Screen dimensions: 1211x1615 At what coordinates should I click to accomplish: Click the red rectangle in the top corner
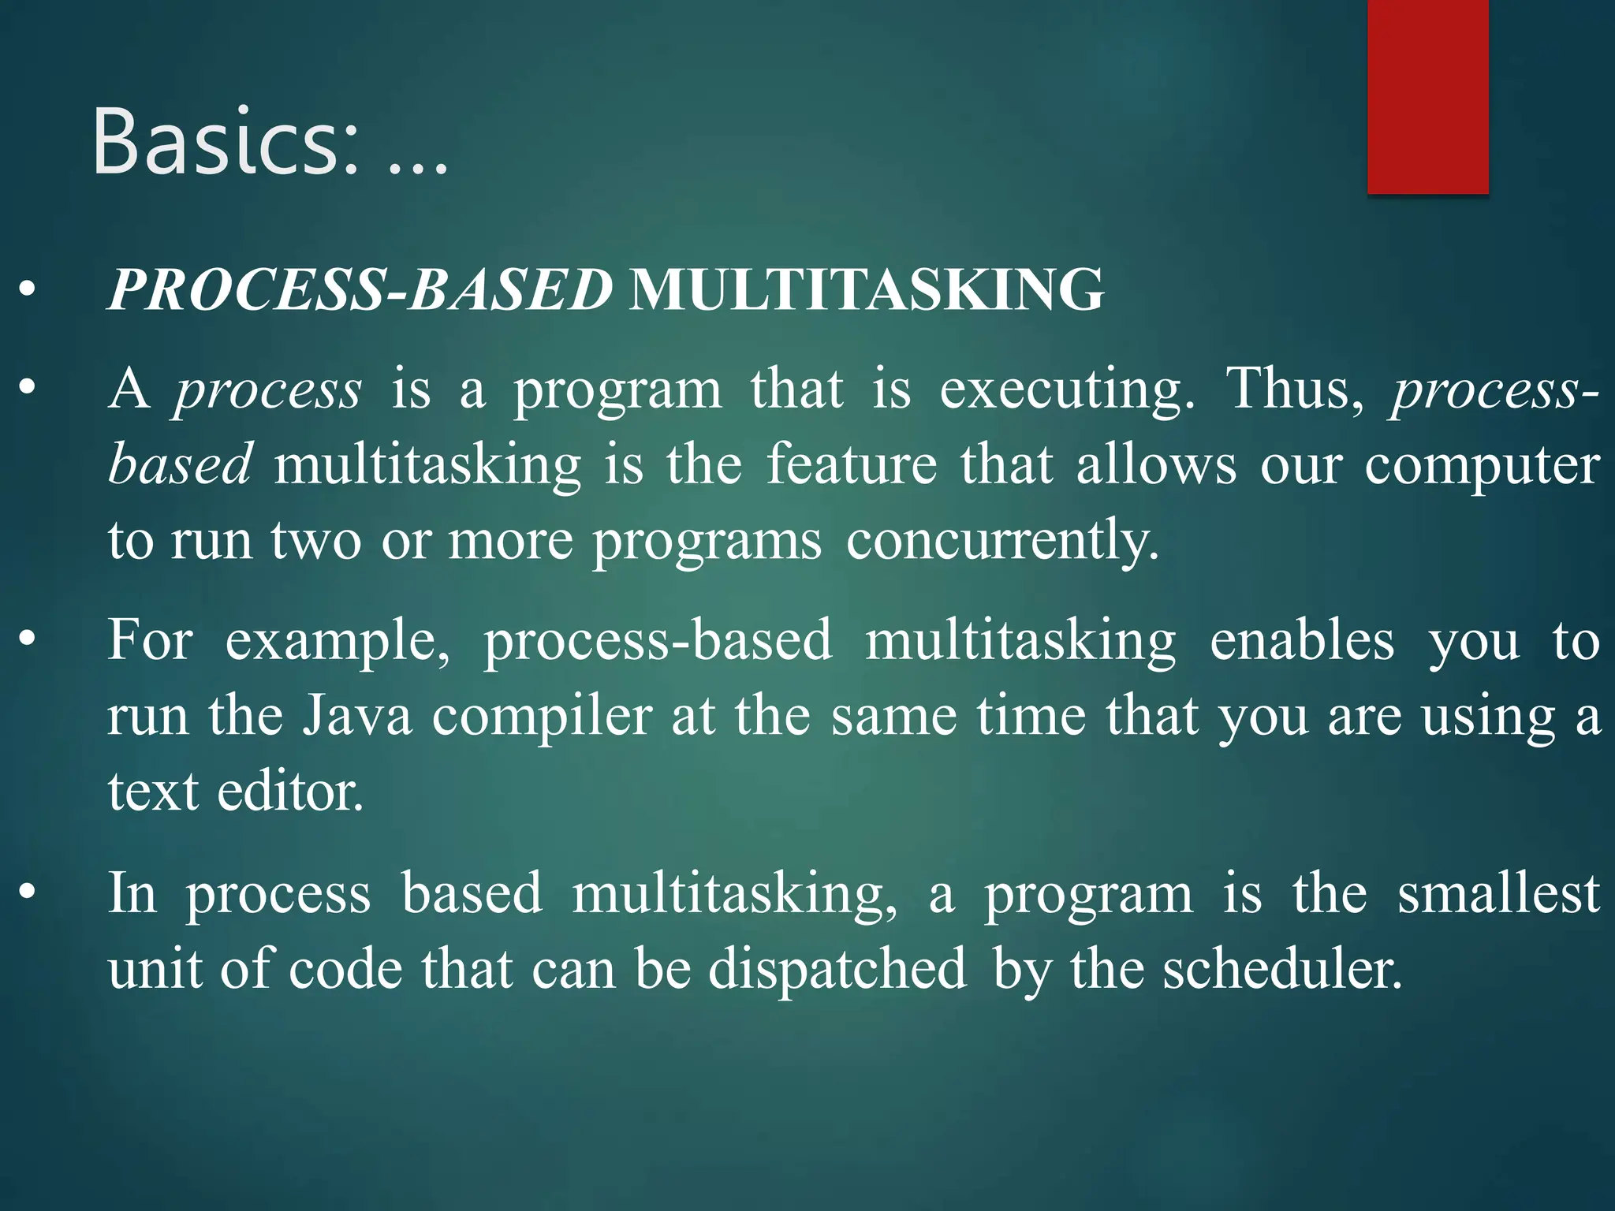coord(1427,96)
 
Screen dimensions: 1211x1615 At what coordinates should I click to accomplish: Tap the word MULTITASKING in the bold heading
coord(867,289)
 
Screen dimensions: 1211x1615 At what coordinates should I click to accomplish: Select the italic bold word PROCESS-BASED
coord(360,289)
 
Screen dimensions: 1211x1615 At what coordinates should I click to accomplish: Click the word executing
coord(1067,390)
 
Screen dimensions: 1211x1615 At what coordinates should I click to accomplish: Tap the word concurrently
coord(1002,542)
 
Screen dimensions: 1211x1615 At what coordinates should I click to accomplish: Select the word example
coord(338,640)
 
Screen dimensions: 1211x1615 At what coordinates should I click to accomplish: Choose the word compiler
coord(542,717)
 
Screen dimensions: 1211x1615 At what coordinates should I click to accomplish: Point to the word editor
coord(290,792)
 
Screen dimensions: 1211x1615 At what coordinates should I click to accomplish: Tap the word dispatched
coord(837,969)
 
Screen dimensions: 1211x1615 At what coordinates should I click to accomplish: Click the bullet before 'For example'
coord(28,639)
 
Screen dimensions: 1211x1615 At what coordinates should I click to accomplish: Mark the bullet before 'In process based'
coord(28,892)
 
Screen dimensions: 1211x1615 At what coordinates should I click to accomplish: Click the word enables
coord(1302,640)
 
